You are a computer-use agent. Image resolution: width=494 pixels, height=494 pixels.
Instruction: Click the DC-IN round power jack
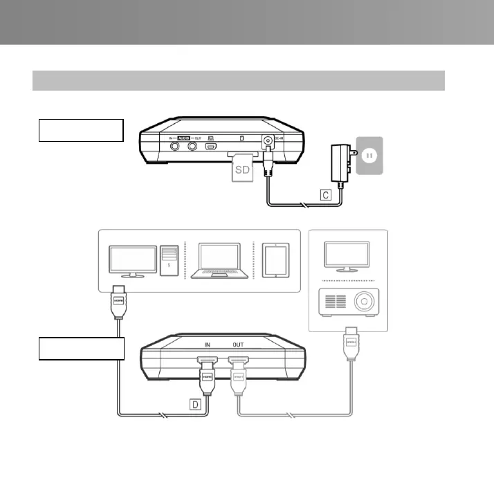click(266, 140)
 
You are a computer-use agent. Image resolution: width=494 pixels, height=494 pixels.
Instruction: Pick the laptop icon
click(219, 261)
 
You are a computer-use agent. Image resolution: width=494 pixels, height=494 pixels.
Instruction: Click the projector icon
click(347, 302)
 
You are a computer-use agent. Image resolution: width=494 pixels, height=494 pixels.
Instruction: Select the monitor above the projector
click(347, 255)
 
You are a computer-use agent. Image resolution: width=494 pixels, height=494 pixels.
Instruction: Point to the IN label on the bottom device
click(206, 342)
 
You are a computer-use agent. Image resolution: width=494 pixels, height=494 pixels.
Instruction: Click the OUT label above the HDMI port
click(239, 342)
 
